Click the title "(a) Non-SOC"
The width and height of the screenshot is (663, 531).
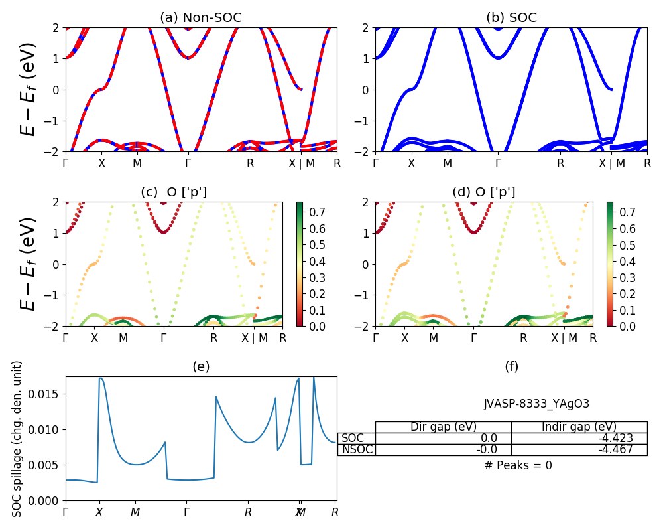[201, 18]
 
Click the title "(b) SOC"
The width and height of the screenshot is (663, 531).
[511, 18]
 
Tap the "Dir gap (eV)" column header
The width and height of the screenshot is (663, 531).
[444, 427]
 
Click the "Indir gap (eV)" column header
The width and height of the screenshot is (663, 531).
[579, 427]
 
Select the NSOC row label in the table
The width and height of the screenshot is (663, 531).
[357, 449]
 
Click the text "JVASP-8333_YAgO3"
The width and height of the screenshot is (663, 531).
[536, 404]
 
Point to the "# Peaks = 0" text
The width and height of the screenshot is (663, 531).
[518, 465]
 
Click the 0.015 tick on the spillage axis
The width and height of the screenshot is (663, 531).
[47, 394]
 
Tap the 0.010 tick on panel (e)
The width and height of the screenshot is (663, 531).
[47, 430]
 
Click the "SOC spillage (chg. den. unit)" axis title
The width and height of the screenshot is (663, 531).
[18, 439]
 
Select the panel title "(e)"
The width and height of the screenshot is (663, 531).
[201, 366]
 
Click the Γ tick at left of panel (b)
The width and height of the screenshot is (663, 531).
[376, 163]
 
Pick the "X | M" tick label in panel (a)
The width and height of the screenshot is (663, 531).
[302, 163]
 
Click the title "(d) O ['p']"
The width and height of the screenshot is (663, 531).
[483, 192]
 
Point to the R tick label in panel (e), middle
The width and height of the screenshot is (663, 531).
[248, 512]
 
